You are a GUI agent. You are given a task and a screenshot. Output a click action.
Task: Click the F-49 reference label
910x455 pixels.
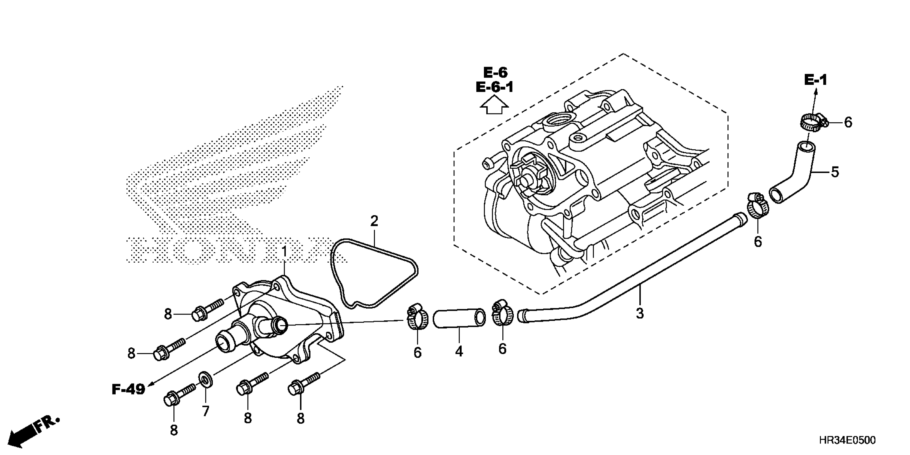(x=128, y=390)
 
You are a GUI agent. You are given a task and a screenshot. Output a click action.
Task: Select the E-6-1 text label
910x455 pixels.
(x=495, y=87)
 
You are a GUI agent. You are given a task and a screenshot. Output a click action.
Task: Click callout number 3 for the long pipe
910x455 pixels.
(x=640, y=313)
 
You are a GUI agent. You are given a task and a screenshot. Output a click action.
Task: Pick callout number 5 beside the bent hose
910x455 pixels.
(x=835, y=172)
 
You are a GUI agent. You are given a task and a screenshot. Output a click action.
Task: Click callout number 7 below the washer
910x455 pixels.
(x=206, y=411)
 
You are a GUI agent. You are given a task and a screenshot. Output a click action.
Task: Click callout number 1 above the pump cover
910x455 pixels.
(x=284, y=252)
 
